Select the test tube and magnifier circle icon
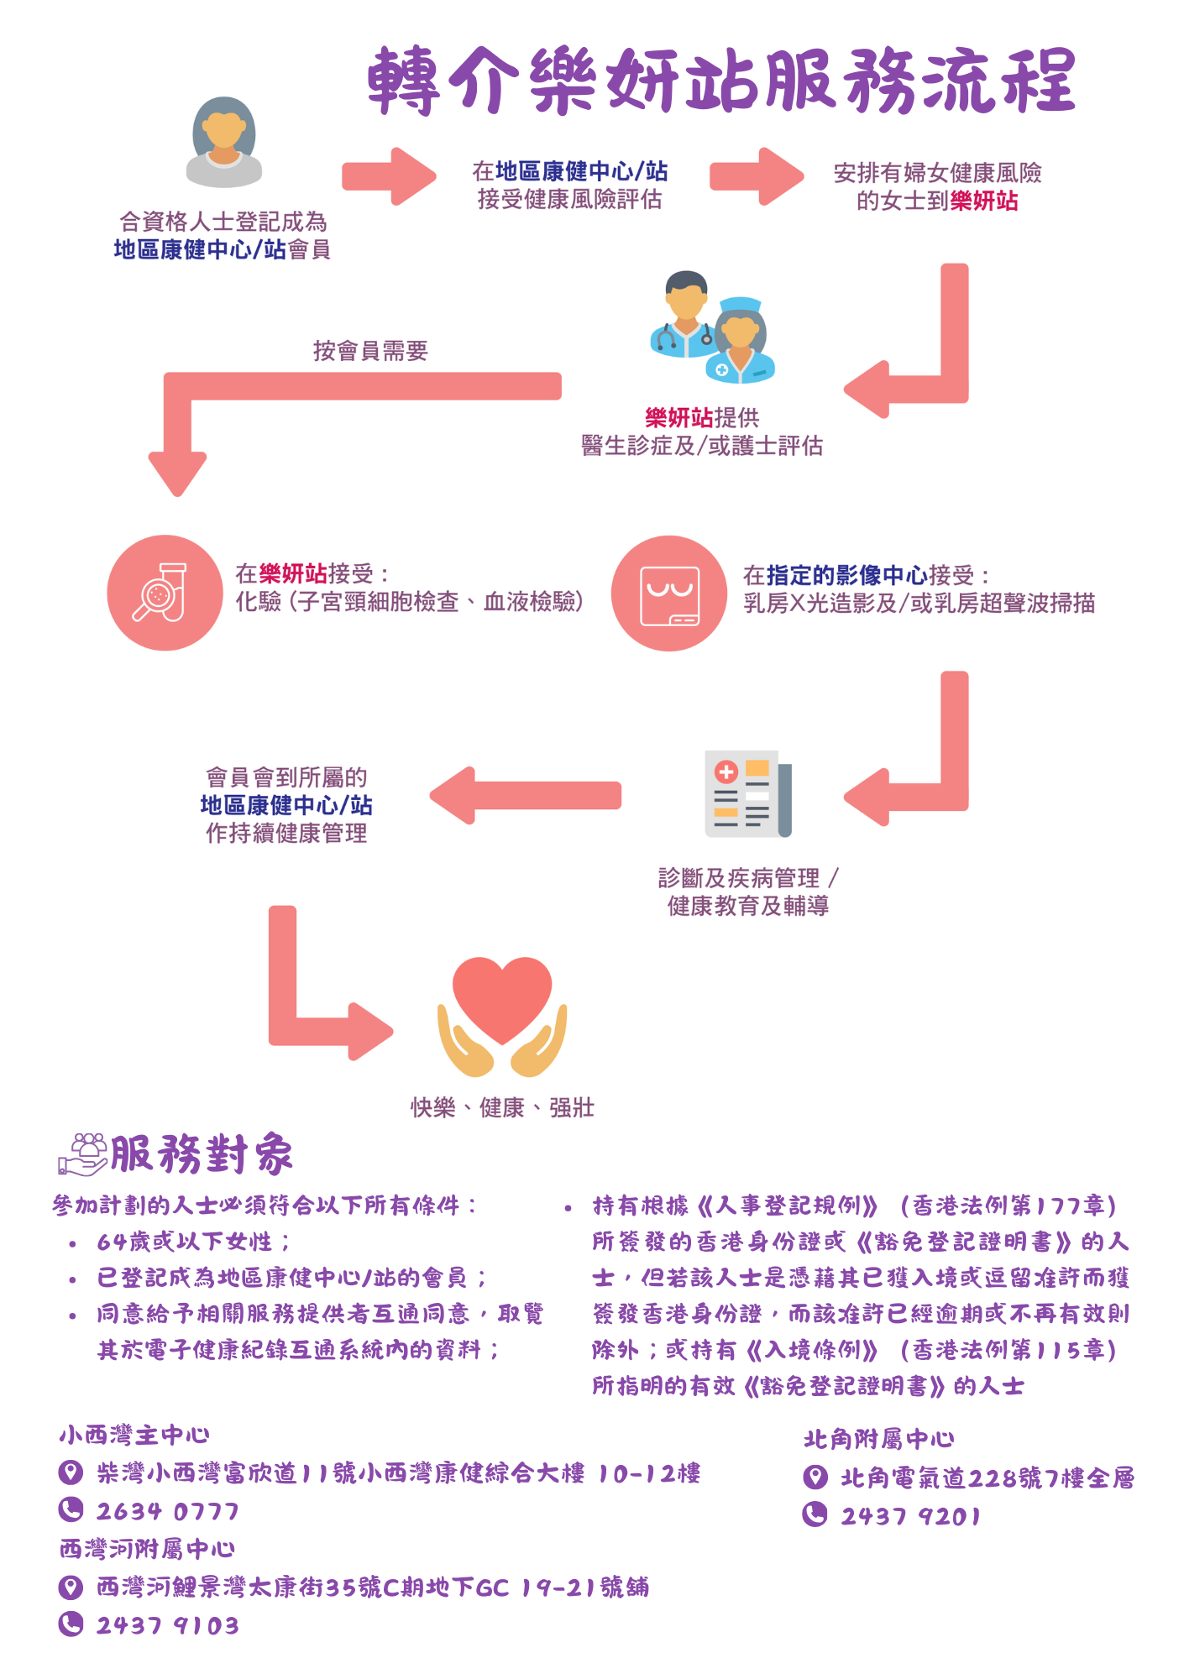tap(165, 593)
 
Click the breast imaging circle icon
tap(668, 594)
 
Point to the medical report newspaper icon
tap(747, 793)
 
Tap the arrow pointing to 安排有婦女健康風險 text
tap(756, 176)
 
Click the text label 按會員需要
tap(370, 351)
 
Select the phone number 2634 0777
tap(168, 1512)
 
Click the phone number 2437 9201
tap(911, 1516)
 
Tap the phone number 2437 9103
tap(168, 1626)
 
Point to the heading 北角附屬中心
tap(878, 1440)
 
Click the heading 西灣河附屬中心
tap(147, 1549)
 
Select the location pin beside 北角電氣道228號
tap(815, 1478)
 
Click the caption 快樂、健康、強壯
tap(502, 1108)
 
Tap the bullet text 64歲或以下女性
tap(193, 1242)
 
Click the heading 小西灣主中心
tap(134, 1436)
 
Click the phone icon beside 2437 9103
tap(71, 1624)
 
